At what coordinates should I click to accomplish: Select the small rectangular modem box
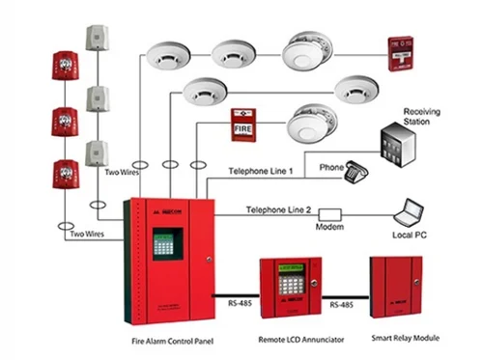(x=330, y=212)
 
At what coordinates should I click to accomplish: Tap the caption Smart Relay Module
(x=399, y=340)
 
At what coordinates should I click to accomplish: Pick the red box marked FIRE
(x=243, y=125)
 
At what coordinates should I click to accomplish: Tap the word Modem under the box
(x=330, y=227)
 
